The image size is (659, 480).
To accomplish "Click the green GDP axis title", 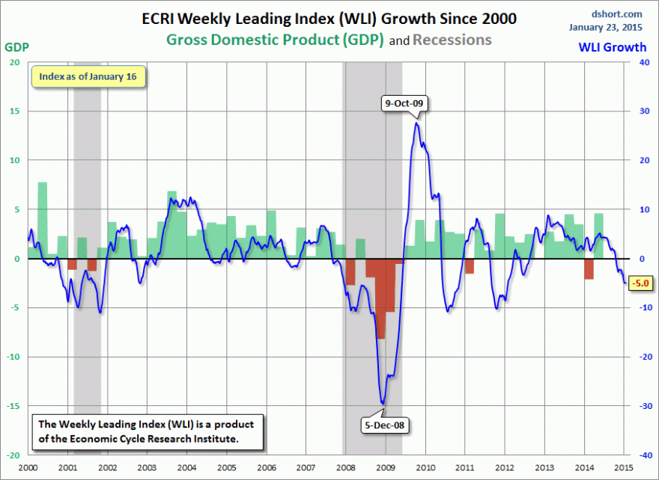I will click(x=16, y=46).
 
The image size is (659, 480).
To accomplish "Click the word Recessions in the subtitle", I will click(x=452, y=39).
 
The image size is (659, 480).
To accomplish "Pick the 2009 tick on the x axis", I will click(x=385, y=467).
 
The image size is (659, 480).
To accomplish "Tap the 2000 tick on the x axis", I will click(x=28, y=467).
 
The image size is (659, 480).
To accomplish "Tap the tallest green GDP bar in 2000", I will click(x=43, y=220).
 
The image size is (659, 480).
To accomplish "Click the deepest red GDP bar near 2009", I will click(x=380, y=298).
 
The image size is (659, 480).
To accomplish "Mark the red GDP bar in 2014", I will click(x=589, y=268).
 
